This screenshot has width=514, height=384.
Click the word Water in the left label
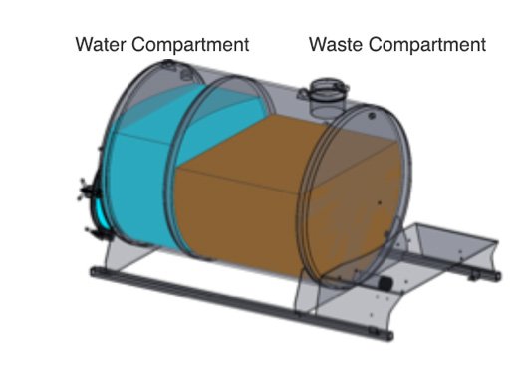[x=103, y=45]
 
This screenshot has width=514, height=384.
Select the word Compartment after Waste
[x=429, y=45]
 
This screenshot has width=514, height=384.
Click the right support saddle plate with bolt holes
[x=339, y=299]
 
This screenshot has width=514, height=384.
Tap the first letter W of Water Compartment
[x=85, y=45]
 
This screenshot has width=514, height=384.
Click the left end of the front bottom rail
[x=92, y=274]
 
